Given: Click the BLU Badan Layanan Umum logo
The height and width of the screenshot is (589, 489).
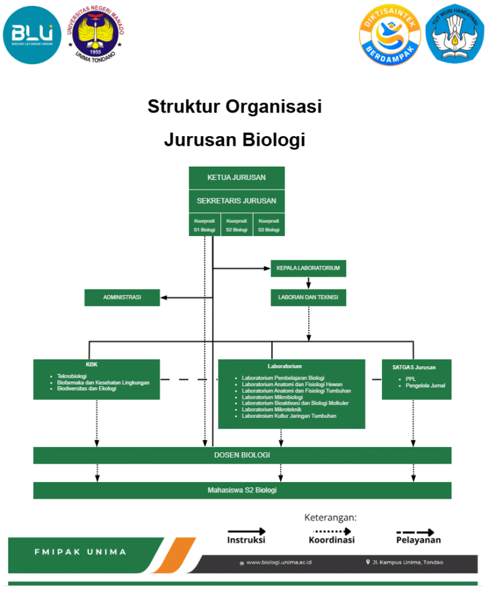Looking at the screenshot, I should [32, 35].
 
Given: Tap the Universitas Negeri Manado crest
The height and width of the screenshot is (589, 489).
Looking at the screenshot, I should [96, 35].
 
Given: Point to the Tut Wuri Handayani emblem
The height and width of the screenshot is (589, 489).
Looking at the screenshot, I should [455, 35].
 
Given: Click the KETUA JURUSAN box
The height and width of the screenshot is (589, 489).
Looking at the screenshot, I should [236, 177].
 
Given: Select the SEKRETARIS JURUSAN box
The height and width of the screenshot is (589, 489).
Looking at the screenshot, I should [236, 200].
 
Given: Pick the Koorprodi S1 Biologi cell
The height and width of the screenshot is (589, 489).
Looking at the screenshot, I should [204, 225].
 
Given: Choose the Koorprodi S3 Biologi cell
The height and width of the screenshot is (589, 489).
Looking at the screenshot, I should [269, 225].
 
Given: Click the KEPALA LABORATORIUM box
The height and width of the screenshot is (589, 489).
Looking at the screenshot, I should [308, 268].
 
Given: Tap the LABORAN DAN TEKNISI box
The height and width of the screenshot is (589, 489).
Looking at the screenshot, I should [308, 297].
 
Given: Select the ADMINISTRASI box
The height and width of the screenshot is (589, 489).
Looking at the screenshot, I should [122, 297].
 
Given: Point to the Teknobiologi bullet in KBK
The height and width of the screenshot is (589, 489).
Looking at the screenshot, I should [71, 377].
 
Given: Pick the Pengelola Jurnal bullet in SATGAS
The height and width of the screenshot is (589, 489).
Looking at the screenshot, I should [425, 385].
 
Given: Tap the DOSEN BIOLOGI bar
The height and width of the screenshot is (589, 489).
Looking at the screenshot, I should [242, 455].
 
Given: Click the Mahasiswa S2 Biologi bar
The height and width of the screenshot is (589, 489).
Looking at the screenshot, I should [242, 490].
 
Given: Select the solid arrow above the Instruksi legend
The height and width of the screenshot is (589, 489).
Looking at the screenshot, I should [246, 530].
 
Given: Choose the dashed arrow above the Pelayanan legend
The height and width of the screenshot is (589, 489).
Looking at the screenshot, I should [416, 532].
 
